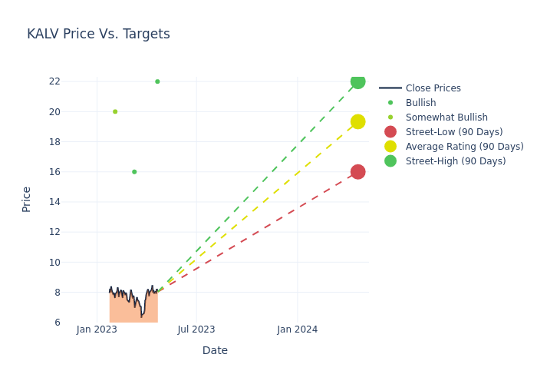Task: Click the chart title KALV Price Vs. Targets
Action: (98, 35)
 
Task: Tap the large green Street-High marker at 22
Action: (357, 81)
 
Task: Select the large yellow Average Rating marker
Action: (357, 122)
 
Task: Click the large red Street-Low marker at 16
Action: (357, 172)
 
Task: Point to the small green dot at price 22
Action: (157, 81)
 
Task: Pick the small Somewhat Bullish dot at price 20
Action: (115, 111)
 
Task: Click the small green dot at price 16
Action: (134, 172)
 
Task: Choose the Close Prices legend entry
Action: (433, 88)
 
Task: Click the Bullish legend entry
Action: (420, 103)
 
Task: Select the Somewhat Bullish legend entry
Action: (446, 118)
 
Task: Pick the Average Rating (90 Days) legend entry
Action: (464, 147)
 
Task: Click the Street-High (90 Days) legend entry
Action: (456, 161)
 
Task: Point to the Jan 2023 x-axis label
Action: (97, 329)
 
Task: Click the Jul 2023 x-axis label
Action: (196, 329)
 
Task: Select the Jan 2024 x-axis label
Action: (298, 329)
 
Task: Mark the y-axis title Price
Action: (27, 199)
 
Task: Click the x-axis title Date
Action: (215, 351)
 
